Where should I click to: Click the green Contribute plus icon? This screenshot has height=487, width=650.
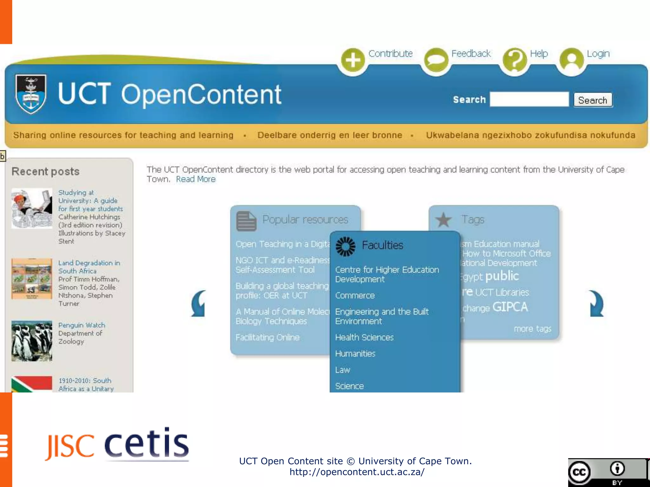tap(353, 60)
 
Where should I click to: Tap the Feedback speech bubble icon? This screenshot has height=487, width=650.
tap(436, 60)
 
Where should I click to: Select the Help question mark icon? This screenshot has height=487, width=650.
tap(515, 60)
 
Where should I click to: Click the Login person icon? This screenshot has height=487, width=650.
tap(571, 60)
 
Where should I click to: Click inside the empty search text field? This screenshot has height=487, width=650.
tap(529, 100)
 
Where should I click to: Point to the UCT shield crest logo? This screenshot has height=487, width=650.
tap(31, 94)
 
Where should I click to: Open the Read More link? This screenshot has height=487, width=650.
tap(196, 179)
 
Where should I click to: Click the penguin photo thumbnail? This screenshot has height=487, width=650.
tap(32, 341)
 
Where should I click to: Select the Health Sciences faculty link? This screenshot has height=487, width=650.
tap(364, 337)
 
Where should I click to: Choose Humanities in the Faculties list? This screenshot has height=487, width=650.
tap(355, 354)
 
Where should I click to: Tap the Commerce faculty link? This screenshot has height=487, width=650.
tap(355, 295)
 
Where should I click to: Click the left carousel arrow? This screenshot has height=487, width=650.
tap(199, 304)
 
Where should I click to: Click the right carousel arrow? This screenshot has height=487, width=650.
tap(596, 304)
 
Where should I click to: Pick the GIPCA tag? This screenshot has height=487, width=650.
tap(510, 307)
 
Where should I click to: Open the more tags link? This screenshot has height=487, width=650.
tap(532, 329)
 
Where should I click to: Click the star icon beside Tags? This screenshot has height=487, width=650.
tap(443, 220)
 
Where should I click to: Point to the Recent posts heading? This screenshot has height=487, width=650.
tap(46, 172)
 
